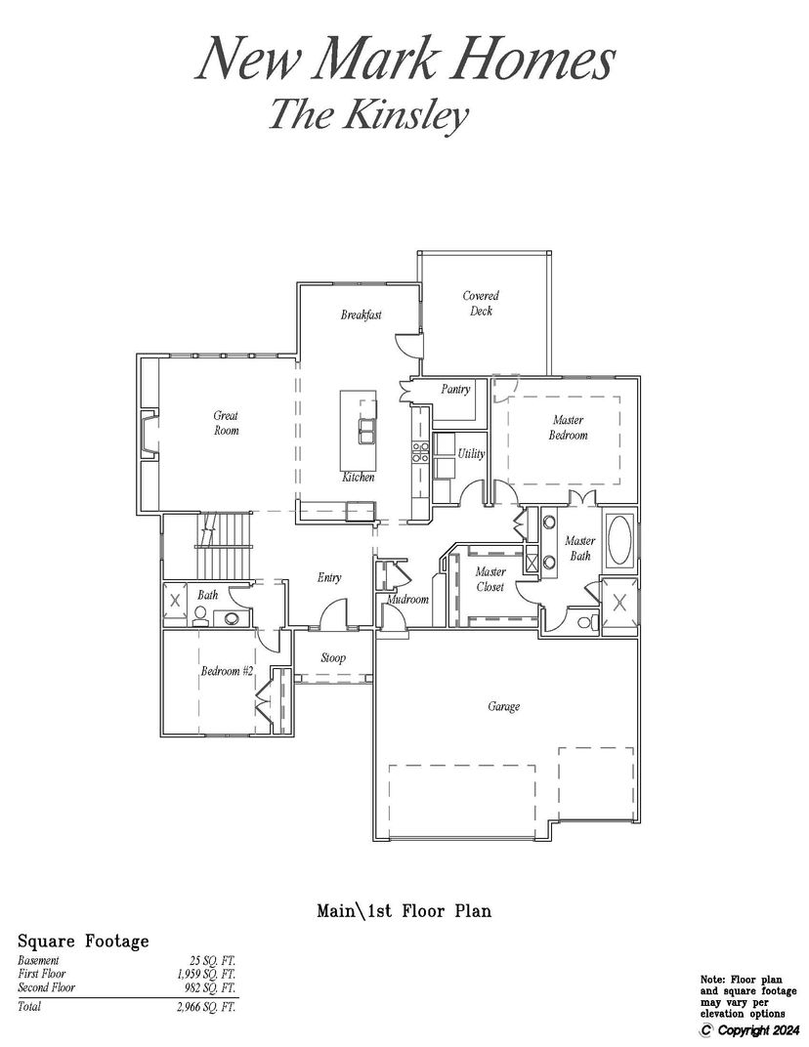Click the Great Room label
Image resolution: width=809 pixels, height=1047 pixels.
point(226,423)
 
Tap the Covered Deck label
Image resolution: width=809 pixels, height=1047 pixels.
point(481,303)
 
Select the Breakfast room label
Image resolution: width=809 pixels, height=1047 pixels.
point(361,314)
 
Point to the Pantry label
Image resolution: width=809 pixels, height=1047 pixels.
point(455,389)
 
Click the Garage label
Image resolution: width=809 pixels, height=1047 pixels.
point(504,706)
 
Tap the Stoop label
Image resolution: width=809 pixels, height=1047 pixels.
point(332,657)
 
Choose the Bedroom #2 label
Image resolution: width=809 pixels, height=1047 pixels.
point(227,670)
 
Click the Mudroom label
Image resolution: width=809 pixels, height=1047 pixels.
point(407,599)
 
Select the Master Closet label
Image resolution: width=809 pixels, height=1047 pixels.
point(490,579)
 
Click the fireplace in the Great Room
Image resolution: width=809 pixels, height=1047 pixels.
point(149,436)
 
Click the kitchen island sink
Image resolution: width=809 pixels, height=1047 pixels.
point(366,431)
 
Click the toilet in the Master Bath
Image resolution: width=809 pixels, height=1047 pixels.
point(586,622)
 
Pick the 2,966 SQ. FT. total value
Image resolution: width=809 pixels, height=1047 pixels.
point(206,1007)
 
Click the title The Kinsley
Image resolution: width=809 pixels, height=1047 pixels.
point(368,113)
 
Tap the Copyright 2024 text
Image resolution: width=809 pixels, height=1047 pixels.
point(750,1029)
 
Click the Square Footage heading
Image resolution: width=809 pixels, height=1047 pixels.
point(83,942)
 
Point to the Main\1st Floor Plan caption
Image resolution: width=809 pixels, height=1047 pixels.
point(404,911)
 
